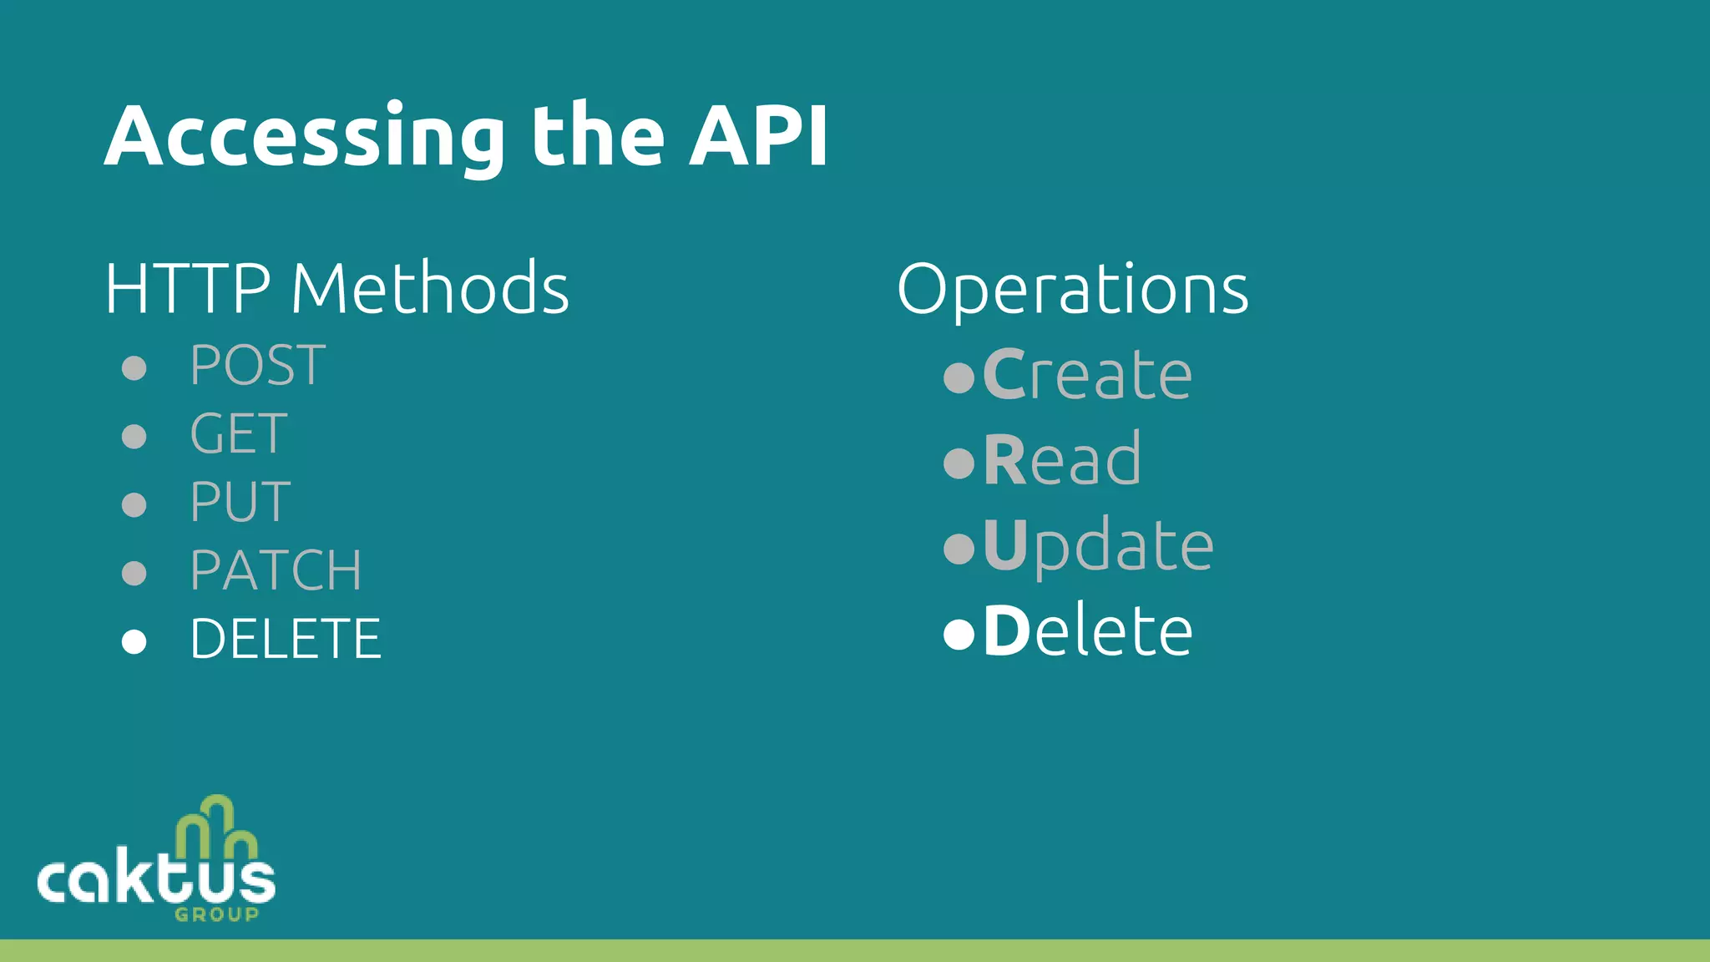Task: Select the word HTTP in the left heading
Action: pyautogui.click(x=188, y=288)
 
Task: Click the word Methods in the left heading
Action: pyautogui.click(x=430, y=288)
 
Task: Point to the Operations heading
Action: pyautogui.click(x=1073, y=290)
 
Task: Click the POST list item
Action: pyautogui.click(x=257, y=366)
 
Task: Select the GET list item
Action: pyautogui.click(x=239, y=434)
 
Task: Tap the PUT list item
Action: pyautogui.click(x=240, y=503)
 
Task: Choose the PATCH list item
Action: pyautogui.click(x=276, y=571)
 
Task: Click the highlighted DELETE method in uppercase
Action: pyautogui.click(x=286, y=640)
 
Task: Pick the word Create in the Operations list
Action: pyautogui.click(x=1087, y=375)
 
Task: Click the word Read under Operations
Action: pyautogui.click(x=1062, y=460)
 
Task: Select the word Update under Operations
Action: pyautogui.click(x=1098, y=546)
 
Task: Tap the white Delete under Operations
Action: pyautogui.click(x=1088, y=631)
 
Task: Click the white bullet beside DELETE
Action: pyautogui.click(x=134, y=641)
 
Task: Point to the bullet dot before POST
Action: pyautogui.click(x=134, y=367)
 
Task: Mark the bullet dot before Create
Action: pyautogui.click(x=959, y=377)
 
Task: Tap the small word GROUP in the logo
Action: pyautogui.click(x=217, y=914)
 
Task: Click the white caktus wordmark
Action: pyautogui.click(x=156, y=879)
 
